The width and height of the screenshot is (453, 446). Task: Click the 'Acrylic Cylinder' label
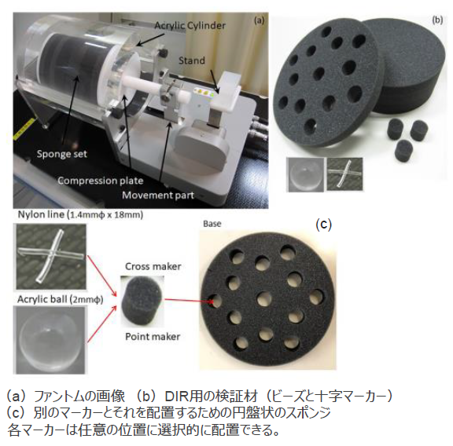click(x=190, y=25)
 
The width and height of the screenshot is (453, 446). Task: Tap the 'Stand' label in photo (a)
click(x=192, y=60)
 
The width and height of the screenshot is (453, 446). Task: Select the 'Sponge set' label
click(x=62, y=154)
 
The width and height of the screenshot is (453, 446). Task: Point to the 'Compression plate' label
click(x=101, y=181)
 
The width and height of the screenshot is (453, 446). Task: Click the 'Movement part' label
click(x=158, y=196)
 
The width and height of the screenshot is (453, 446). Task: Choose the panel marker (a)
click(x=259, y=20)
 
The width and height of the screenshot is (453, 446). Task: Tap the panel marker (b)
click(x=437, y=20)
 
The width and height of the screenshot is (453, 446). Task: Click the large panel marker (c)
click(x=323, y=224)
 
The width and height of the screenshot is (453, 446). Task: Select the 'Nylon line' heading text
click(x=41, y=214)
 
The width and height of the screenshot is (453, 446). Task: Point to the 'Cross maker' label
click(x=153, y=266)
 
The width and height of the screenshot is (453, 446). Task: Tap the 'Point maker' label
click(x=153, y=336)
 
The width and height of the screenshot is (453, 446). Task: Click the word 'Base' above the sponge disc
click(x=212, y=224)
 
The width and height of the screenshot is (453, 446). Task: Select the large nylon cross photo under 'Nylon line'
click(x=51, y=256)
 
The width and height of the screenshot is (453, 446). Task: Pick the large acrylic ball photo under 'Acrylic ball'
click(x=50, y=340)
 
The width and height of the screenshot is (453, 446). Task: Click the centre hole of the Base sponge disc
click(x=264, y=299)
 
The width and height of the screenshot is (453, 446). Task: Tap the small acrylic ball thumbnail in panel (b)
click(x=305, y=175)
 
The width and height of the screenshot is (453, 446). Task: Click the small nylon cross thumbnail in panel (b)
click(x=344, y=174)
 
